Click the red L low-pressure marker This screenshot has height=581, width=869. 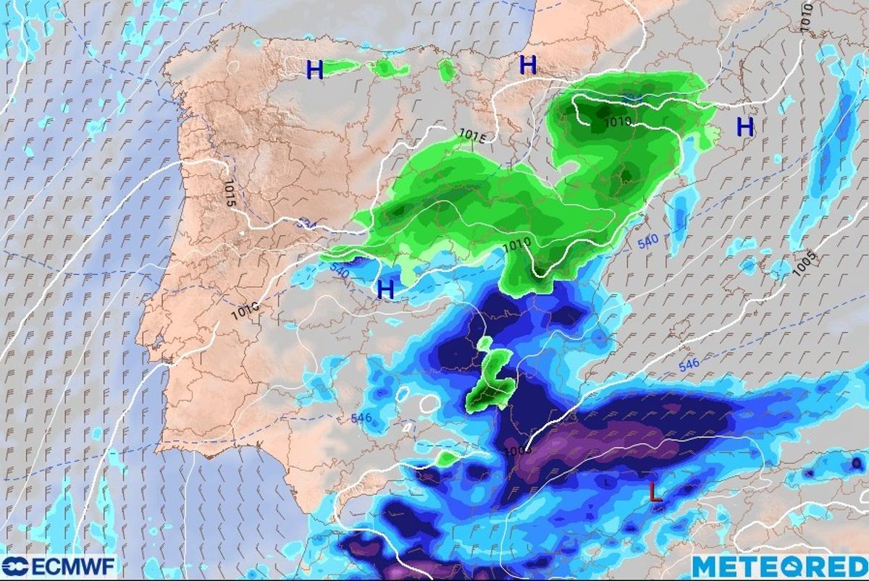[655, 493]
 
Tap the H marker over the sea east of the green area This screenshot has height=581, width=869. [745, 127]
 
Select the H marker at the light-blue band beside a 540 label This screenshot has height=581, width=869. [386, 290]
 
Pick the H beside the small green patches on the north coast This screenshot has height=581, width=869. [314, 69]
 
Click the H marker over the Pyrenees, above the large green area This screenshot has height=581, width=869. [528, 65]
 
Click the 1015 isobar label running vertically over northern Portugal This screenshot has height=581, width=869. [230, 194]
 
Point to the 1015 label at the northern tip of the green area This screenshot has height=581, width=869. [471, 135]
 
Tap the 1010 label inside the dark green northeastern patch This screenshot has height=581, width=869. [616, 122]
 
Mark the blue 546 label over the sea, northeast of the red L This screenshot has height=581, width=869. [689, 364]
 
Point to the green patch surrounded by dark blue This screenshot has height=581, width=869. [490, 380]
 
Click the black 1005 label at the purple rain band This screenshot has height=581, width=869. [519, 449]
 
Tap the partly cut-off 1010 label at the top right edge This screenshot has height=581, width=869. [806, 16]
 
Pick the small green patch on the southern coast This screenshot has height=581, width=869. [448, 457]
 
